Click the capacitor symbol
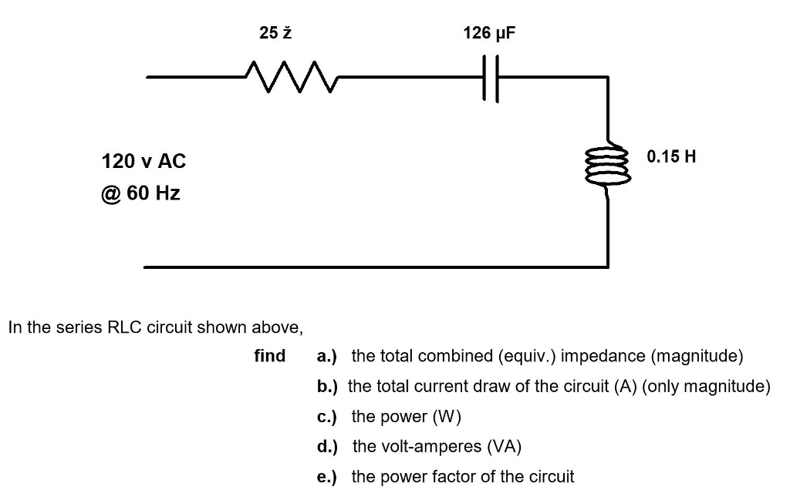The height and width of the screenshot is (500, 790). point(488,78)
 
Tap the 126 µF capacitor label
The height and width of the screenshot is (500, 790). point(488,33)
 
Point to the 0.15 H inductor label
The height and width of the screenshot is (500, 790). point(671,156)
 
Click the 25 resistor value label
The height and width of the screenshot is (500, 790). point(275,33)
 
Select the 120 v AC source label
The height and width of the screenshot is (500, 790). point(143,161)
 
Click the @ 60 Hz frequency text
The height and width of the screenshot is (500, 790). point(140,193)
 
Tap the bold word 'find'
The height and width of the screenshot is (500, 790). point(269,356)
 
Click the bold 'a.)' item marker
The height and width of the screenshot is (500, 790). point(327,356)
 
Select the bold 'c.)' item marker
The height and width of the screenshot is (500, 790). point(327,417)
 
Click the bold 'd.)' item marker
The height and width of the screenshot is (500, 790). point(327,447)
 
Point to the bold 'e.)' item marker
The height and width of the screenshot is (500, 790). point(327,477)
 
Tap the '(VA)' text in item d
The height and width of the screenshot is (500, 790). point(504,447)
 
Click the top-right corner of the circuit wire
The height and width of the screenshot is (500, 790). point(608,78)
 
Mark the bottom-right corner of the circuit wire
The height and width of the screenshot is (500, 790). point(608,267)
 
